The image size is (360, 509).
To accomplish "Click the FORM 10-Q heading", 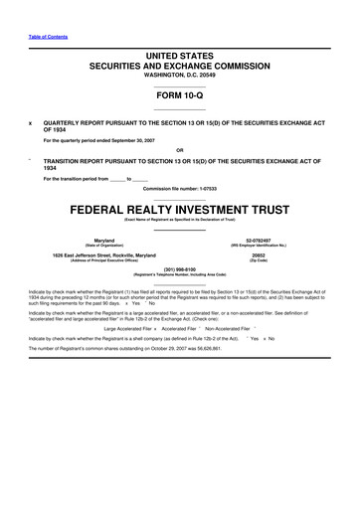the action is (x=180, y=97).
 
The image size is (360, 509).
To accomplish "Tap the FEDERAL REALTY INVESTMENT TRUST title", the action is (x=180, y=212).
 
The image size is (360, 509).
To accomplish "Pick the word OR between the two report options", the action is (x=180, y=152).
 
